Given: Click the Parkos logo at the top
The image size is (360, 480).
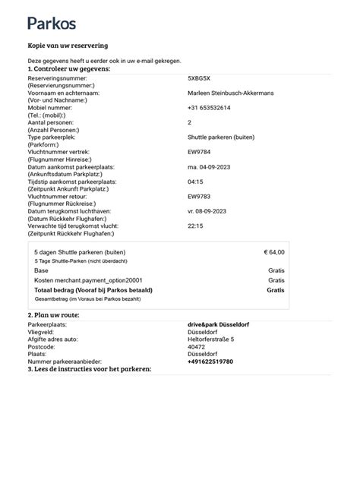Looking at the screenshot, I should [x=52, y=23].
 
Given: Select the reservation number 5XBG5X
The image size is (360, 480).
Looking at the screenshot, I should [x=200, y=78].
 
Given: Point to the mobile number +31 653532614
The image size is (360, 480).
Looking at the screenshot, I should [x=209, y=108].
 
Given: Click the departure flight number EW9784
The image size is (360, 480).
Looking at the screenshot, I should [x=199, y=152].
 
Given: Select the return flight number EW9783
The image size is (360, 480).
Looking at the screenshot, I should [x=199, y=196].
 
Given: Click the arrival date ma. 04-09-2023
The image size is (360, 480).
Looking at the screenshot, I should [x=210, y=166].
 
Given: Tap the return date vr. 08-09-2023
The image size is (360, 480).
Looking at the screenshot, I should [x=209, y=210].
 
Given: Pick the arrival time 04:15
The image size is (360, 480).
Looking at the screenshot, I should [x=194, y=182].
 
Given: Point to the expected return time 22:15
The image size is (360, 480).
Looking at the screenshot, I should [x=195, y=226].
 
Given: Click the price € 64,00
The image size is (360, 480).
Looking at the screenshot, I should [x=273, y=251].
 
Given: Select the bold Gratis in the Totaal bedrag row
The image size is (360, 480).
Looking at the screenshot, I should [x=275, y=289].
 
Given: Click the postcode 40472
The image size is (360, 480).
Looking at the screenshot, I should [x=196, y=346].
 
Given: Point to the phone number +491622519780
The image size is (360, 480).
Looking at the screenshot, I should [x=210, y=362].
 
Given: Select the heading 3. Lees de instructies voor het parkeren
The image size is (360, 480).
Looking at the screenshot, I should [x=90, y=368].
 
